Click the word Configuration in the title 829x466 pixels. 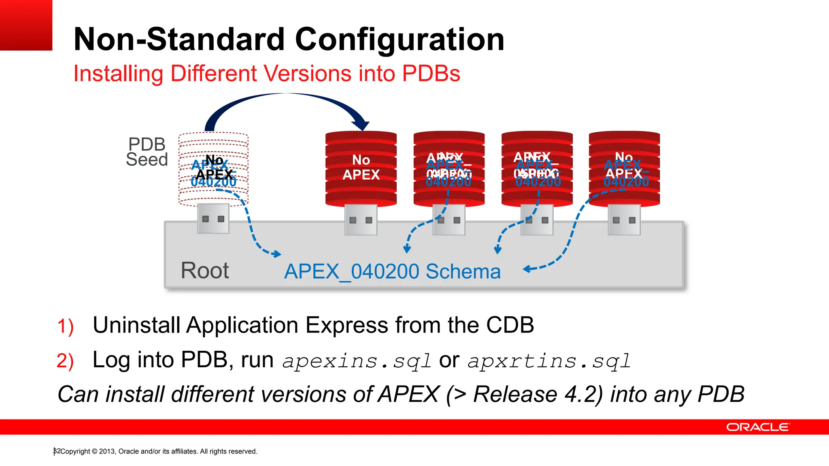(x=400, y=39)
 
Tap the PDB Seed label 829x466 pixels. (x=147, y=152)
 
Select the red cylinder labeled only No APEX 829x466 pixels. (x=361, y=168)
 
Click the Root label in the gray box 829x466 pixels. (x=204, y=270)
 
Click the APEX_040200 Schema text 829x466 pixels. (x=392, y=271)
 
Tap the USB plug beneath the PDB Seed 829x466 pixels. (x=213, y=219)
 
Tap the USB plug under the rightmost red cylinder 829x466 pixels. (x=624, y=220)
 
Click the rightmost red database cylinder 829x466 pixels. (x=624, y=168)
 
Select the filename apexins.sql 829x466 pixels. (x=357, y=361)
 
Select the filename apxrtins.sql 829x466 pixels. (x=549, y=361)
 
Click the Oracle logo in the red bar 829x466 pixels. (x=757, y=427)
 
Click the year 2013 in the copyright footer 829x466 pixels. (x=107, y=451)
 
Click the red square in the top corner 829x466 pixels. (x=26, y=25)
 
